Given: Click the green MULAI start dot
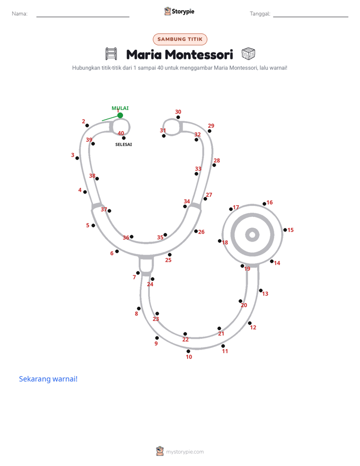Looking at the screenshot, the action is tap(120, 115).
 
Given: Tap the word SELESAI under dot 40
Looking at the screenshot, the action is tap(124, 144).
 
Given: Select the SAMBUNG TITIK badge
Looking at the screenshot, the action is tap(180, 39).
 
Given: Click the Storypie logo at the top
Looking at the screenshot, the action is tap(179, 11).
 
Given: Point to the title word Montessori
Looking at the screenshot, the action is tap(199, 54).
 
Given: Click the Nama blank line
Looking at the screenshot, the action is tap(83, 17).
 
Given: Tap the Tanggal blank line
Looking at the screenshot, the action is tap(311, 17).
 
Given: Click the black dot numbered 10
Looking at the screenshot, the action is tap(188, 352).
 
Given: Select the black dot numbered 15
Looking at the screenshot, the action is tap(285, 230).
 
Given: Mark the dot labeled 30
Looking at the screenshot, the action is tap(178, 118).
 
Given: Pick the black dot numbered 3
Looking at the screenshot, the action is tap(77, 158).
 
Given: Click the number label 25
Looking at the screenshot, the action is tap(168, 260).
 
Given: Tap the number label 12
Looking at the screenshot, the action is tap(253, 327).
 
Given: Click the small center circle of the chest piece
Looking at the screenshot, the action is tap(253, 235).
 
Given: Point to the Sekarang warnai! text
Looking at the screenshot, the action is tap(48, 379).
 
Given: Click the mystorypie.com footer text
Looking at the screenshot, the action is tap(185, 452).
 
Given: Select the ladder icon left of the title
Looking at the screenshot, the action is tap(111, 54).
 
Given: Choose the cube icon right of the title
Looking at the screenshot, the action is tap(248, 54).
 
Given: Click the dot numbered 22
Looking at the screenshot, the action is tap(186, 334).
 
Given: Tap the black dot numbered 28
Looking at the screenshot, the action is tap(214, 165).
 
